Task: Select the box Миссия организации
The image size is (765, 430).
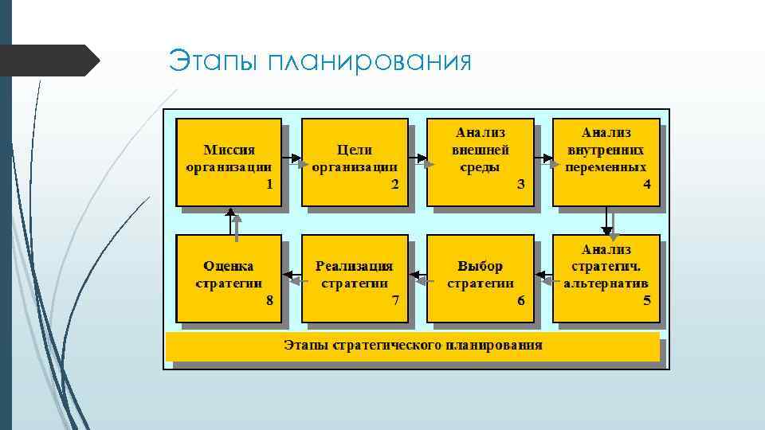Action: [x=229, y=162]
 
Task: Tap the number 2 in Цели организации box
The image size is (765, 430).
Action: [x=395, y=184]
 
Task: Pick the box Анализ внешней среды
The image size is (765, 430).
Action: [x=481, y=162]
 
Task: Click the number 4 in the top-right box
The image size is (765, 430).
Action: [x=647, y=184]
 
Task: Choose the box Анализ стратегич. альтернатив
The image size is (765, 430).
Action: [x=606, y=278]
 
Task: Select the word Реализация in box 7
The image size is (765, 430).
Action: [x=355, y=266]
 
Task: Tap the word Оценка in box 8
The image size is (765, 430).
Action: [x=229, y=266]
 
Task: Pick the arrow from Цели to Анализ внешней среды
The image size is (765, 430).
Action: [x=418, y=161]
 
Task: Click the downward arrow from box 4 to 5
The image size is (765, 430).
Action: [x=607, y=221]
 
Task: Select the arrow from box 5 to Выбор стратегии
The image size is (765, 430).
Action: [x=543, y=278]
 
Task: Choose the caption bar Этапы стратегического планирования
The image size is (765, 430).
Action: [x=413, y=346]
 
